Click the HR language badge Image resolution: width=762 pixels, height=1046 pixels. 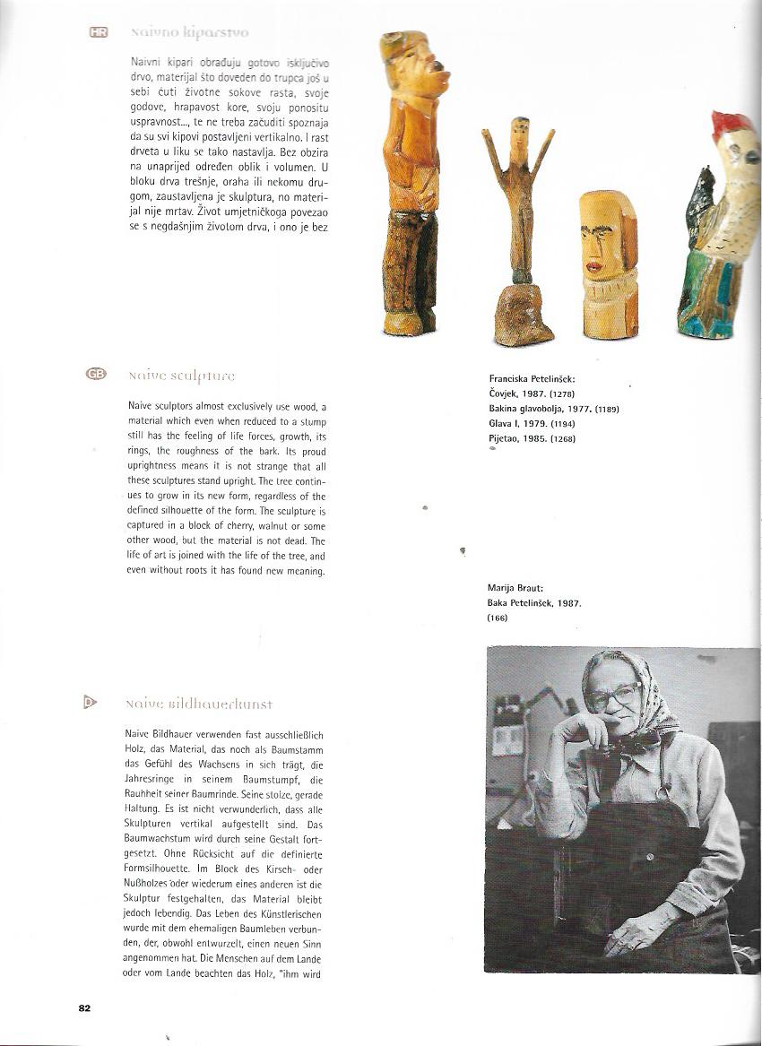coord(99,32)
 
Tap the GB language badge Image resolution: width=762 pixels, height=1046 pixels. coord(96,374)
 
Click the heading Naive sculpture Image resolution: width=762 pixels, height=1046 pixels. coord(182,376)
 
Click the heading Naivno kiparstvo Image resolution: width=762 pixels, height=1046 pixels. coord(189,33)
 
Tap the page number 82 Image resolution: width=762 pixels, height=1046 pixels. coord(84,1007)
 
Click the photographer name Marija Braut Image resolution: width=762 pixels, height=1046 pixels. coord(515,588)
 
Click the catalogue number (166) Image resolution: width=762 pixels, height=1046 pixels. coord(498,618)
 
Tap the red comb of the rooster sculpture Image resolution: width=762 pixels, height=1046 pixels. coord(733,126)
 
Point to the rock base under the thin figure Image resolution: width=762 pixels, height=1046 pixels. coord(523,315)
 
